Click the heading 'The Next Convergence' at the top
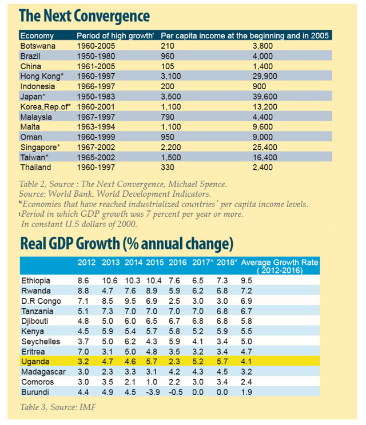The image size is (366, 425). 85,15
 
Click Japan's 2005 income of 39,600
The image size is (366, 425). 265,97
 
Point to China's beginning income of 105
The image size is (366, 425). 168,66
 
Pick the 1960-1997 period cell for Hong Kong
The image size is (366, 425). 96,76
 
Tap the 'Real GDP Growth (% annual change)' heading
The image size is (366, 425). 127,244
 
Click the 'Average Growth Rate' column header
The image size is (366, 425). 279,263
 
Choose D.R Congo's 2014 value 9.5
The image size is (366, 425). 131,301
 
